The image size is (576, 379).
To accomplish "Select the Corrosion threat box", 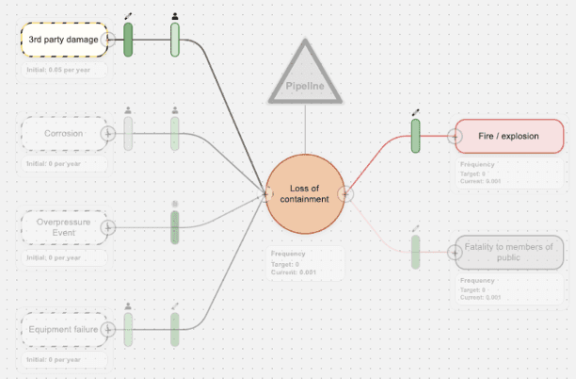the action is click(63, 134).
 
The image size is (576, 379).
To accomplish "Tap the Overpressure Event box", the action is click(63, 227).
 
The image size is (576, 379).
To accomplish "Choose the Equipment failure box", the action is click(63, 329).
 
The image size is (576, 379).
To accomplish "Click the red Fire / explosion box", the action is click(509, 136).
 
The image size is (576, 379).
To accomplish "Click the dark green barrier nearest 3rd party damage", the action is click(128, 40).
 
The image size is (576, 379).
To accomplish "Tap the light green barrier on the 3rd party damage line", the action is click(175, 40).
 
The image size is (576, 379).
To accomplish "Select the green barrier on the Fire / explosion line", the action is click(415, 136).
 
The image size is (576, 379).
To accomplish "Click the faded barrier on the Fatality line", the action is click(415, 252).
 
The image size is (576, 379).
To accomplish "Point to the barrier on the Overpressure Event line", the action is click(174, 227).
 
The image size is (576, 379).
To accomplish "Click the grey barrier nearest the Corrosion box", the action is click(128, 134).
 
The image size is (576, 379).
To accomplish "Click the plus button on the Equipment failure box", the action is click(109, 329).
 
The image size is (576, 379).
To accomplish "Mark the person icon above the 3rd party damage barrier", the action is click(175, 17).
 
